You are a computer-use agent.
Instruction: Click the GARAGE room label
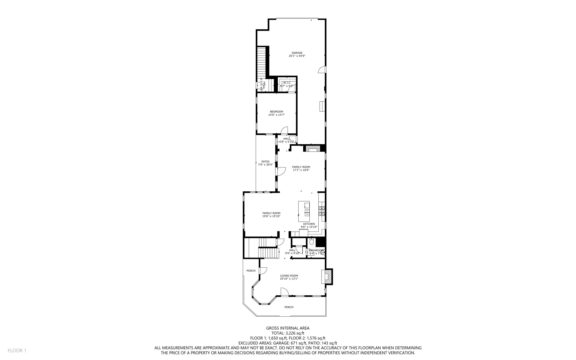point(297,53)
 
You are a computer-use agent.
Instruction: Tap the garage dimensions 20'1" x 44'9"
point(297,56)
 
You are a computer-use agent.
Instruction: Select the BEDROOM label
point(276,112)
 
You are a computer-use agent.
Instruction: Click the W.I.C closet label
point(287,83)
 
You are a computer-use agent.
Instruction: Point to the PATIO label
point(265,162)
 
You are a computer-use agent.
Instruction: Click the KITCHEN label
point(309,224)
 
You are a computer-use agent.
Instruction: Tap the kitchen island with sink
point(304,211)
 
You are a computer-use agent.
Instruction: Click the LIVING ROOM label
point(289,276)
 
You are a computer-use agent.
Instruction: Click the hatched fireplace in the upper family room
point(311,148)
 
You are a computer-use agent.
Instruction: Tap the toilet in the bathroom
point(312,242)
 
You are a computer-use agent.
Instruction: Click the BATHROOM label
point(316,251)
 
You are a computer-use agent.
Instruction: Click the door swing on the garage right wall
point(322,70)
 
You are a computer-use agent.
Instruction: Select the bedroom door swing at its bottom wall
point(284,130)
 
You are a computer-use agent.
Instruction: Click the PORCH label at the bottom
point(289,307)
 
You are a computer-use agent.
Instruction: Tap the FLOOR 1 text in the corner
point(17,350)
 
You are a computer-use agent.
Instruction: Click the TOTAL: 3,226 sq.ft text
point(288,333)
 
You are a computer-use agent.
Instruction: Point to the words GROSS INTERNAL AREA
point(288,328)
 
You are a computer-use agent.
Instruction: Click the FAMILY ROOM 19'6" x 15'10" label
point(271,215)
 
